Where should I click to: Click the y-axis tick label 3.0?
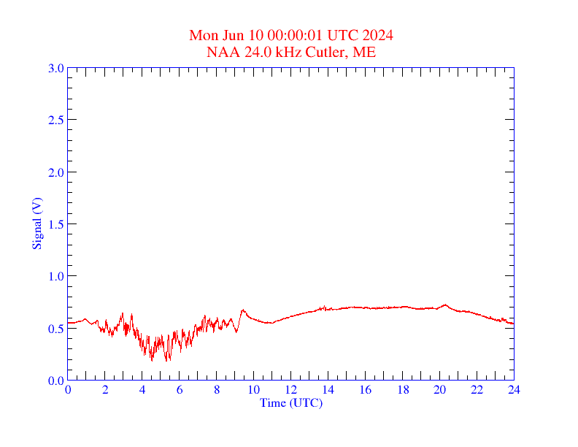(55, 68)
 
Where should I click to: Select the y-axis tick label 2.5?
(55, 120)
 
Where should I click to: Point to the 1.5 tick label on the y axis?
(55, 224)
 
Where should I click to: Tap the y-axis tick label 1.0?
(55, 276)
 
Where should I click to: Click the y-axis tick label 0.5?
(55, 328)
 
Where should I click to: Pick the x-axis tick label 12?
(291, 391)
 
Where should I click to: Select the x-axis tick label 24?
(514, 391)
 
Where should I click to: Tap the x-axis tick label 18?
(402, 391)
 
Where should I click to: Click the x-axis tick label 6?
(180, 391)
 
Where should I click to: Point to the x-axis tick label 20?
(439, 391)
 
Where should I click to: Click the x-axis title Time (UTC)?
(291, 402)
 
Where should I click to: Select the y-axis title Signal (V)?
(36, 223)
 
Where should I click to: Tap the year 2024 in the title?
(377, 35)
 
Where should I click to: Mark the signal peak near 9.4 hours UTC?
(243, 310)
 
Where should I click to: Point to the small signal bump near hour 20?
(444, 305)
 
